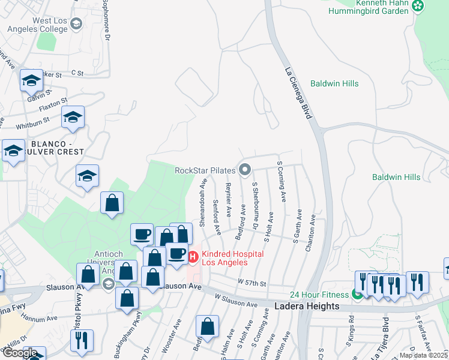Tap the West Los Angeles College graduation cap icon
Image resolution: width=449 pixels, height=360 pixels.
76,25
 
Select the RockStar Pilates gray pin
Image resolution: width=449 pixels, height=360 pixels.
244,170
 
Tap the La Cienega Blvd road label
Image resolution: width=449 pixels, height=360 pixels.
298,93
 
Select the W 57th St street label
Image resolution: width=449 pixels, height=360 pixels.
252,281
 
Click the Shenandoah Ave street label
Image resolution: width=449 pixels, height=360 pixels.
203,202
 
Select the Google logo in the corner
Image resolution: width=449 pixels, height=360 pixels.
19,353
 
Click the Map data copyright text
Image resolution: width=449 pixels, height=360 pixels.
424,355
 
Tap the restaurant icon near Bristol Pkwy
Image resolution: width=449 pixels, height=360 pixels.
82,340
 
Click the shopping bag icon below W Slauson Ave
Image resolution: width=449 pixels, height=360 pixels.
207,327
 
